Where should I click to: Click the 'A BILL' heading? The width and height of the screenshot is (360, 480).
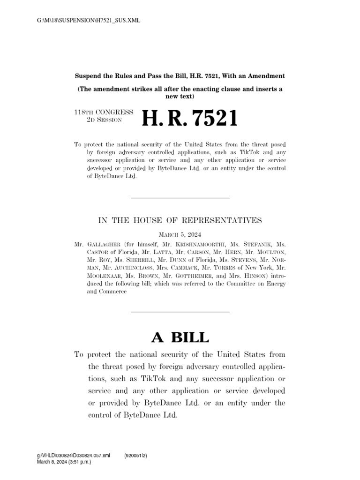180,337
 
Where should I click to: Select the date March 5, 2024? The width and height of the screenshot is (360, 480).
180,236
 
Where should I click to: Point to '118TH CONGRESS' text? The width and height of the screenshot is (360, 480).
104,112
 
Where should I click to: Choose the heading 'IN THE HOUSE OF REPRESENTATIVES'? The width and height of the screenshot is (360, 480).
180,220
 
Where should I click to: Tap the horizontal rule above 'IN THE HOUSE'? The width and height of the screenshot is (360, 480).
180,198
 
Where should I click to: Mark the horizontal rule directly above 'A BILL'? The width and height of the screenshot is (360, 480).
180,312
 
